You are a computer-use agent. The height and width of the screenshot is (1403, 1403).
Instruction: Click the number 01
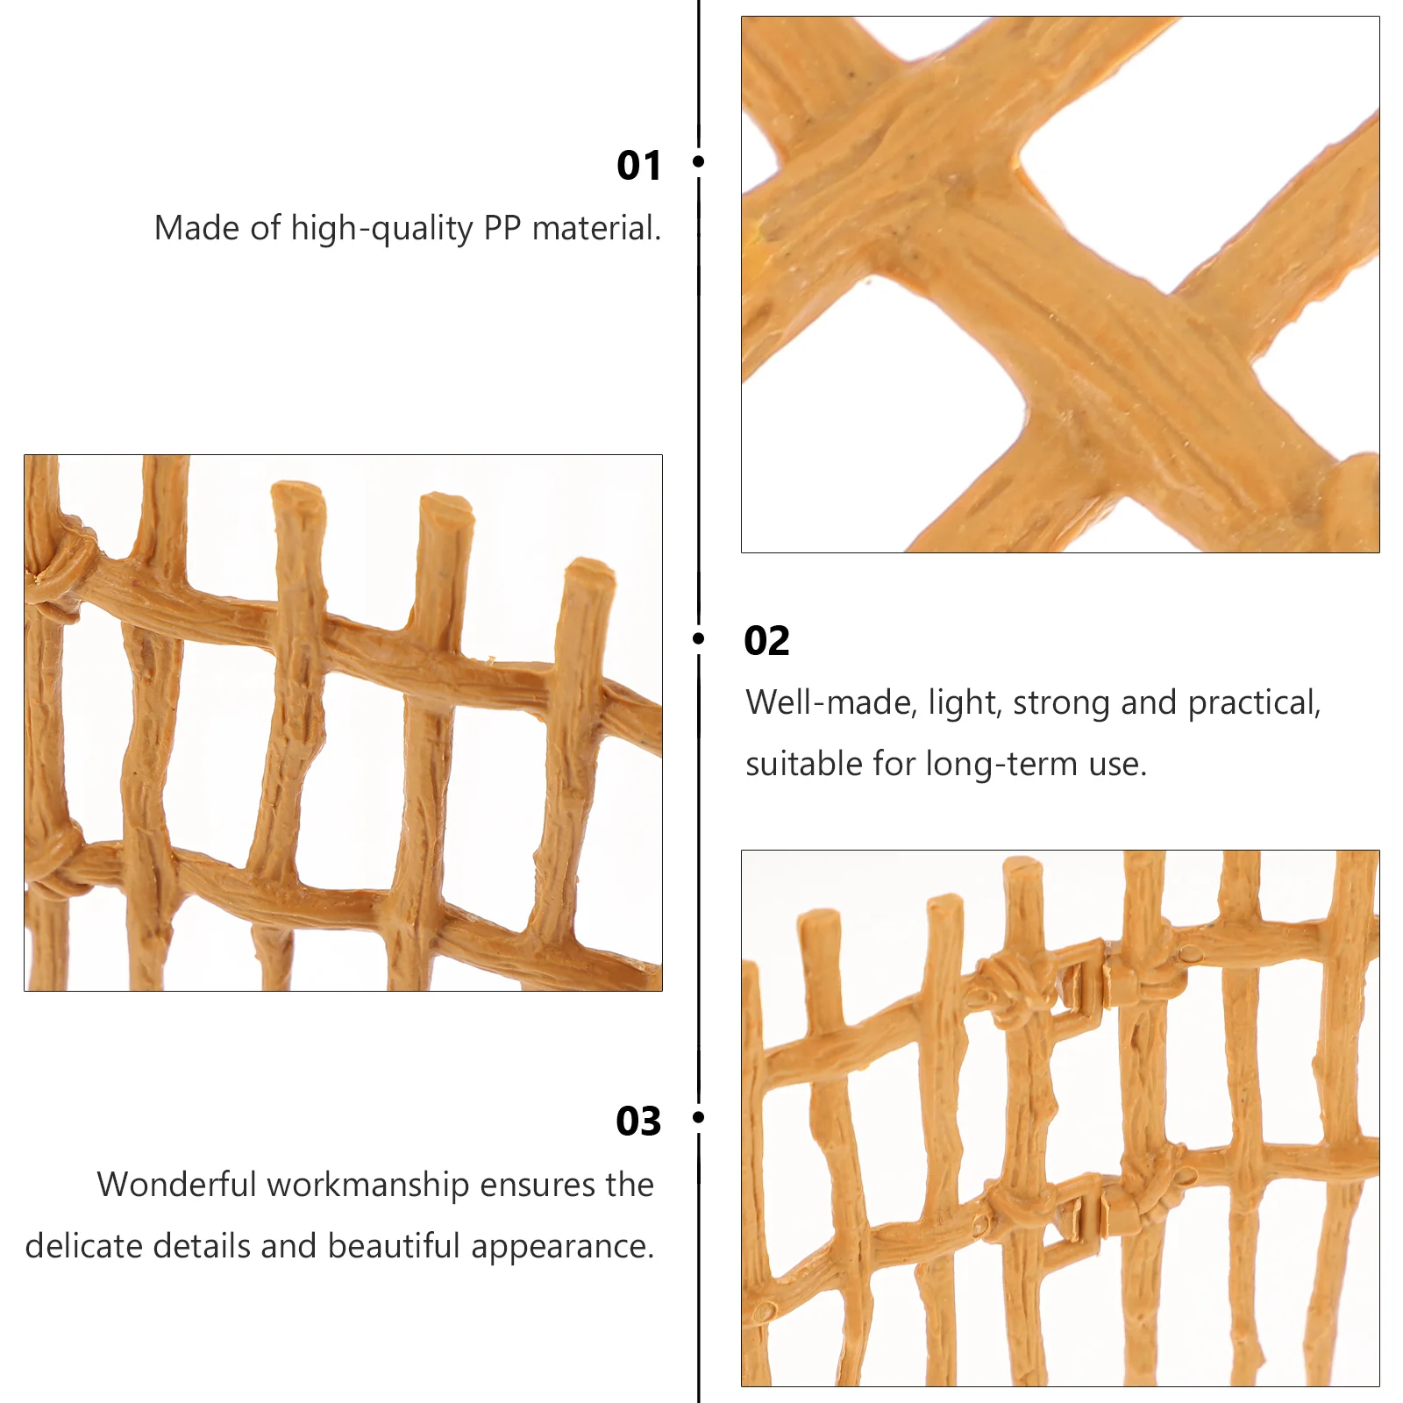coord(638,165)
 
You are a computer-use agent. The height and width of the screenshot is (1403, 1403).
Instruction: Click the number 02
coord(766,641)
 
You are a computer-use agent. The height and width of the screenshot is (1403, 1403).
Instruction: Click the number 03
coord(638,1121)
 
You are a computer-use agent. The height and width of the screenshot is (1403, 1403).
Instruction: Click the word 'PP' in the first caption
coord(503,228)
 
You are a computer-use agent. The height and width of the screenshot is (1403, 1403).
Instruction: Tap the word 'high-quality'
coord(382,230)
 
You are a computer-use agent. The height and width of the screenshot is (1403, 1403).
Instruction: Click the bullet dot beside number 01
coord(699,161)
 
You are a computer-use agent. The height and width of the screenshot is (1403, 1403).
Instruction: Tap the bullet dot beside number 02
coord(699,638)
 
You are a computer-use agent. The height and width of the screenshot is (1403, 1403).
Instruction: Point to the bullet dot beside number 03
coord(699,1117)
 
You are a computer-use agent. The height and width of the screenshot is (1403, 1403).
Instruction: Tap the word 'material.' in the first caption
coord(596,228)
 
